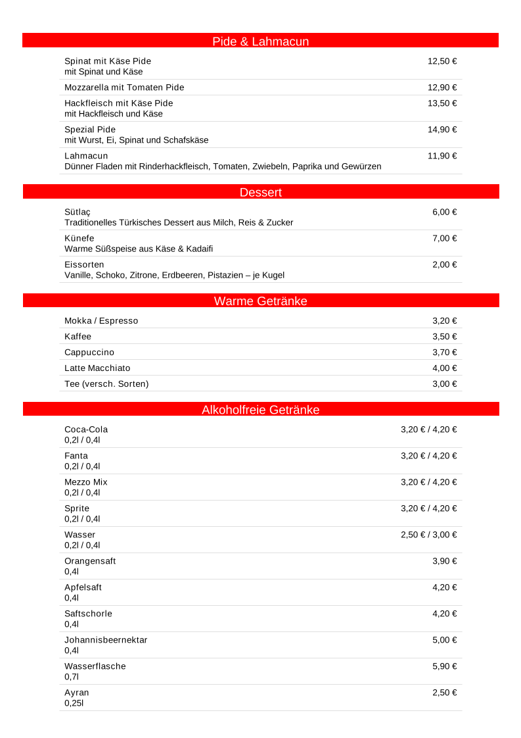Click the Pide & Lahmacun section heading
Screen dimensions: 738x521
[260, 41]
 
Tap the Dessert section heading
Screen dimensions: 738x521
[260, 192]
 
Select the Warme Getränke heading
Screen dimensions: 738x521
[260, 301]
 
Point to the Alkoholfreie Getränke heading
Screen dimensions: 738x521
[260, 410]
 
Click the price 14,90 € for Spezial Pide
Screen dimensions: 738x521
[442, 130]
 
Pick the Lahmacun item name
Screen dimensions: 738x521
[86, 156]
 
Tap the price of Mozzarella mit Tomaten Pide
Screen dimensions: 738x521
[442, 87]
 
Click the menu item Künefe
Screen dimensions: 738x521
[79, 238]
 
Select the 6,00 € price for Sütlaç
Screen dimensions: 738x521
[444, 212]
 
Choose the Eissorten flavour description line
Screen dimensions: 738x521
[174, 275]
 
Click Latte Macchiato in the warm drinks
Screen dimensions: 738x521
[97, 368]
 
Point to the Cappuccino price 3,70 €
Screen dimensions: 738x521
[444, 353]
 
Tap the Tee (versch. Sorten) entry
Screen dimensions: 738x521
[106, 384]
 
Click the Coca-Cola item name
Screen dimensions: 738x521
[86, 430]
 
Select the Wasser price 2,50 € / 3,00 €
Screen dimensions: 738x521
[428, 535]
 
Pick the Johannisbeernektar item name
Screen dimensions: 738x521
[106, 640]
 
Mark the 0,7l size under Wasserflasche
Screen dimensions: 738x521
[72, 677]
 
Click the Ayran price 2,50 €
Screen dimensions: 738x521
[444, 693]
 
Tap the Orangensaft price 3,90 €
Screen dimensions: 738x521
[444, 561]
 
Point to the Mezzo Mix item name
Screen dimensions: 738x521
[86, 482]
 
